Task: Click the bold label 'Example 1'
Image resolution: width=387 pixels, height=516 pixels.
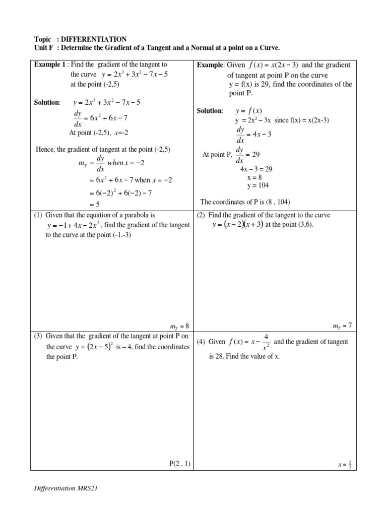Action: (x=49, y=65)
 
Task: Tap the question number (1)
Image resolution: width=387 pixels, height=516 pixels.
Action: (x=38, y=216)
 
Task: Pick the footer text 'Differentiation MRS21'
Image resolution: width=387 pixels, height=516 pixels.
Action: (x=68, y=488)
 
